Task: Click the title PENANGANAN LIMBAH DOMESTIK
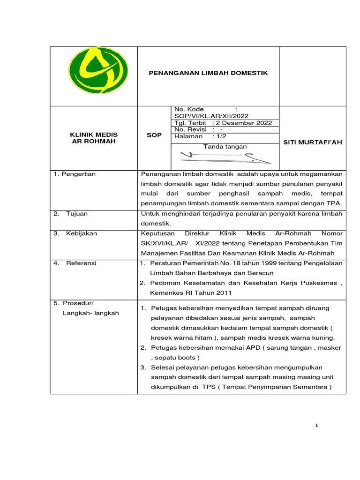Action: point(208,73)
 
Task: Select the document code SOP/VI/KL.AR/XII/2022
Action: point(211,116)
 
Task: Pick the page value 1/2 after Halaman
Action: point(219,136)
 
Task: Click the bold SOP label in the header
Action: point(154,135)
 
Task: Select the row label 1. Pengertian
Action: point(75,174)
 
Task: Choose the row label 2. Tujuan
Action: point(71,214)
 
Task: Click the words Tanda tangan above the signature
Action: point(225,147)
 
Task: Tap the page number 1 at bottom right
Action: point(317,425)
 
